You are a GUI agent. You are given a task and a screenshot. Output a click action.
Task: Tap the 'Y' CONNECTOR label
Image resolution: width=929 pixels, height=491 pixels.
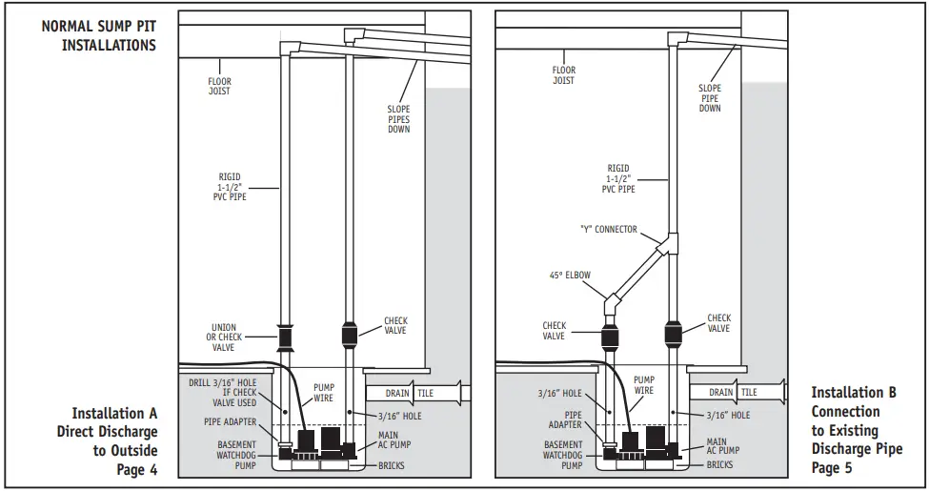(608, 230)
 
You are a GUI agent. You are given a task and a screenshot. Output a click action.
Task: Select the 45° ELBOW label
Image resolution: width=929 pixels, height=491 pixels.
(570, 276)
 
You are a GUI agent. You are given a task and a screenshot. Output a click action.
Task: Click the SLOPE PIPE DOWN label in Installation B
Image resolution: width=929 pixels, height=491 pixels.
(710, 98)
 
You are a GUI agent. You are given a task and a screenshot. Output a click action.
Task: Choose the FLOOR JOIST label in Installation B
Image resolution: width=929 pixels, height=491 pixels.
(564, 75)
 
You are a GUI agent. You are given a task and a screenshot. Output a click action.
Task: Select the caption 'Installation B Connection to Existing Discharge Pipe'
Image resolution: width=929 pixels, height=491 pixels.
(854, 430)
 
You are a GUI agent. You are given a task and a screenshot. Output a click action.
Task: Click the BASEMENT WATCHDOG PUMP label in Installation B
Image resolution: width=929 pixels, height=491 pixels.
(563, 455)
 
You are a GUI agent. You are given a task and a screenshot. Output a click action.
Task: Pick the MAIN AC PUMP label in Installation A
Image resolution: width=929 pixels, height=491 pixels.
(395, 443)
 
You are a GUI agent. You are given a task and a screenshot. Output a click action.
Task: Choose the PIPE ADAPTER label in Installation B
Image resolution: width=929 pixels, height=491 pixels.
(564, 420)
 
